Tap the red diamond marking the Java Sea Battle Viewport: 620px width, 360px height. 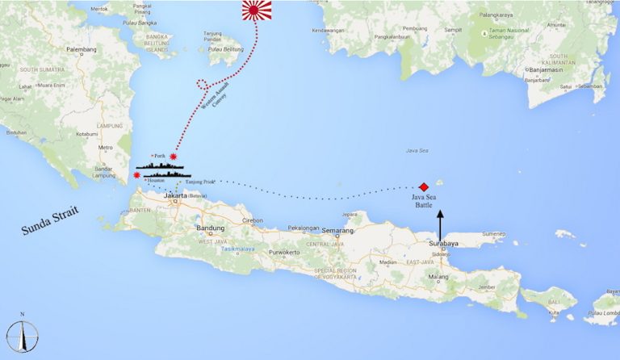pyautogui.click(x=424, y=186)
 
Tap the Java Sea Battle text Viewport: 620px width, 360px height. pyautogui.click(x=419, y=201)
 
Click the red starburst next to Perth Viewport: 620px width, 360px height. pyautogui.click(x=173, y=157)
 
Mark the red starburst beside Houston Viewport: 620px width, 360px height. pyautogui.click(x=136, y=175)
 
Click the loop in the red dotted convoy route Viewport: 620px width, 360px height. pyautogui.click(x=203, y=84)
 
